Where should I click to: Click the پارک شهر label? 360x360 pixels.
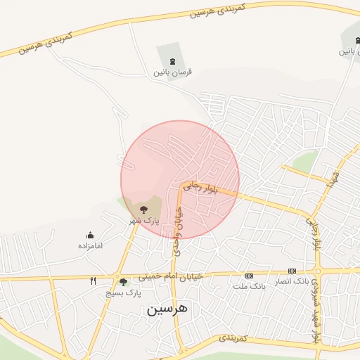point(143,221)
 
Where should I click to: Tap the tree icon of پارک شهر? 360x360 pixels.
point(144,210)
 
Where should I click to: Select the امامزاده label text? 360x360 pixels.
point(90,246)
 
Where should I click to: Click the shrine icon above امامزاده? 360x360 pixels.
point(90,236)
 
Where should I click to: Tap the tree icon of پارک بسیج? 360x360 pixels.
point(123,282)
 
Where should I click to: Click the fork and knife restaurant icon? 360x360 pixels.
point(93,281)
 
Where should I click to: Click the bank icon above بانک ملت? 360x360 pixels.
point(248,276)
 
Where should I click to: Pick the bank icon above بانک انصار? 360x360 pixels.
point(292,271)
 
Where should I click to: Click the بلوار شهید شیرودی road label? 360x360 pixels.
point(317,309)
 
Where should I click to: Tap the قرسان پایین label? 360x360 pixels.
point(173,72)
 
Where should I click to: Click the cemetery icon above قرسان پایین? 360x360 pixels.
point(173,60)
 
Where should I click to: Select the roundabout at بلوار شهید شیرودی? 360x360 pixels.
point(318,270)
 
